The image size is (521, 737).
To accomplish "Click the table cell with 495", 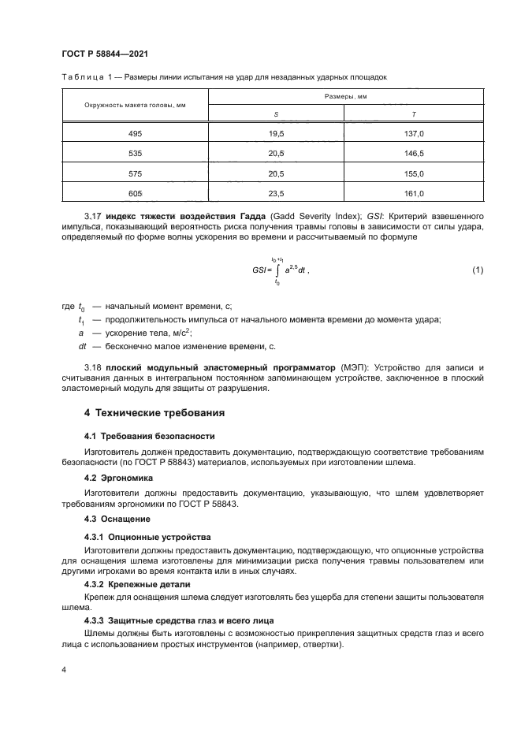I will [135, 134].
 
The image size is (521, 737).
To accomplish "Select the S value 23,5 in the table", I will [276, 193].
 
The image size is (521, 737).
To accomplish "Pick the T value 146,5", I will [414, 154].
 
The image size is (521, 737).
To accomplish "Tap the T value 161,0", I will [414, 193].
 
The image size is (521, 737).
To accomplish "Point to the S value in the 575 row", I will [276, 173].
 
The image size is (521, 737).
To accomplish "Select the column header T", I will [414, 114].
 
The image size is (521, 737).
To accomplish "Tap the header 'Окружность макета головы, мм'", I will [135, 105].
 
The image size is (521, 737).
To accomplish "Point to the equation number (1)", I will [477, 270].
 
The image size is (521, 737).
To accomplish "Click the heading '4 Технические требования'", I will [154, 412].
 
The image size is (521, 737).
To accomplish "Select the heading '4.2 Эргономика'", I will [119, 478].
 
